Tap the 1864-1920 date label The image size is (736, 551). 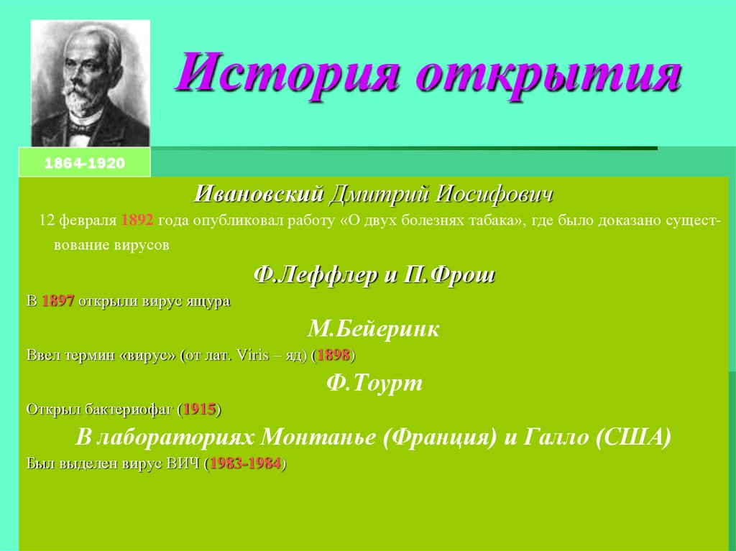(85, 164)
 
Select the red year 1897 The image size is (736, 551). (58, 301)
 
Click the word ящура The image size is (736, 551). (208, 301)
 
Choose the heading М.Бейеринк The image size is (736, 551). (373, 330)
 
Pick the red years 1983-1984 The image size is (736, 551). (245, 463)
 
